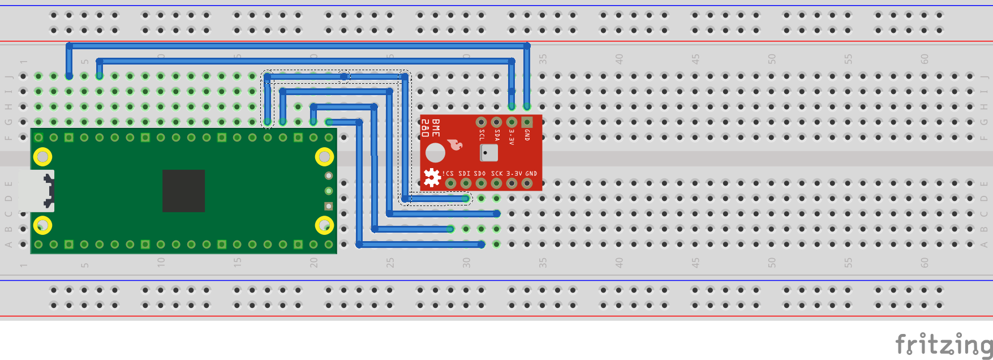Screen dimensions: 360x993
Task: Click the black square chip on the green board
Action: coord(183,191)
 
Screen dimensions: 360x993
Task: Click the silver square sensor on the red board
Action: coord(488,153)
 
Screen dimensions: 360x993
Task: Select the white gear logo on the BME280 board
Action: coord(432,178)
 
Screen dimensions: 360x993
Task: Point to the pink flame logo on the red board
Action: coord(455,145)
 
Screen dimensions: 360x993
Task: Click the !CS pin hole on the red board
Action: coord(450,183)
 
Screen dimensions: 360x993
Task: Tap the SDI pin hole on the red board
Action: coord(466,183)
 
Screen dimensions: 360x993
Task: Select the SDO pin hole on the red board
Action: coord(481,183)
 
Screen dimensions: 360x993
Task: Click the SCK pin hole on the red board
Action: coord(496,183)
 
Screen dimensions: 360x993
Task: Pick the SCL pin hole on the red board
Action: coord(481,122)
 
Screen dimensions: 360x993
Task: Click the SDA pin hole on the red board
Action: coord(496,122)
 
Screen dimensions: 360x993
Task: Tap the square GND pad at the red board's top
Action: coord(527,122)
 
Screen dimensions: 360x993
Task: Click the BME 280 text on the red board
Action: coord(431,128)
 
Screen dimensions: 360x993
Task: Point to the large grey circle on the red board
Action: coord(435,153)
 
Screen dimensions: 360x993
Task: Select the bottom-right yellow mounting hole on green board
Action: coord(324,225)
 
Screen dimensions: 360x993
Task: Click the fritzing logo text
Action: coord(943,344)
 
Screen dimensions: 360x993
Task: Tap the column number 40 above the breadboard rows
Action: coord(620,59)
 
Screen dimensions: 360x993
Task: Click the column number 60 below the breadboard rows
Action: coord(925,263)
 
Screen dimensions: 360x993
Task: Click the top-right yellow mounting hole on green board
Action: coord(324,156)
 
